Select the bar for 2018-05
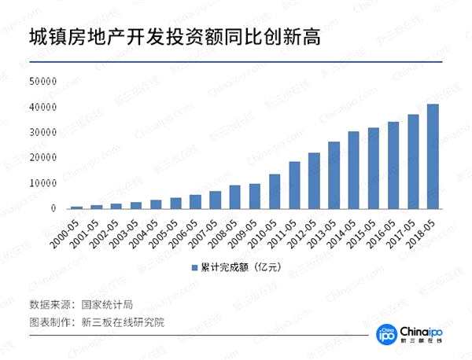(433, 156)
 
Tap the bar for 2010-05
(275, 191)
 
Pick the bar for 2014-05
(354, 170)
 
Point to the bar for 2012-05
(314, 180)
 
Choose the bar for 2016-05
(393, 165)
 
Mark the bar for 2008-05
(234, 197)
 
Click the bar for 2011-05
(294, 185)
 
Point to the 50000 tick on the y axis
(44, 81)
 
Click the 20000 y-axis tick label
(44, 157)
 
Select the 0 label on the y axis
(53, 208)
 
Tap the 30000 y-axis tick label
(44, 132)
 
